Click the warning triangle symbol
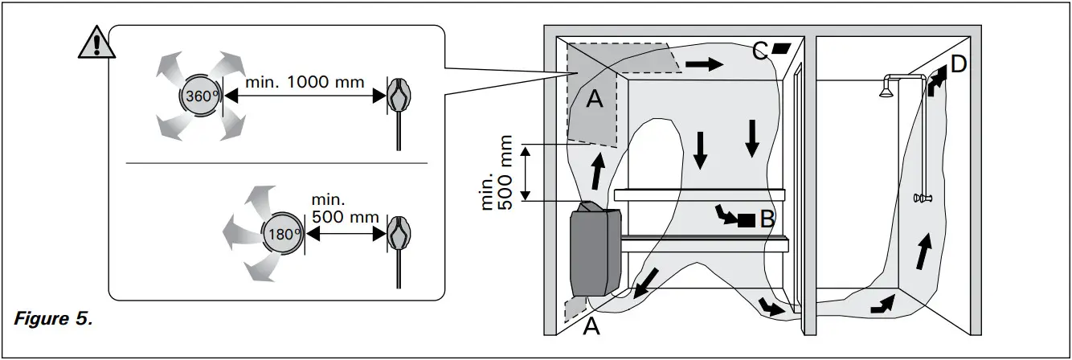[96, 43]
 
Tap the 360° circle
[201, 96]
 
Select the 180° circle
[284, 234]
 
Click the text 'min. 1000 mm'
[305, 82]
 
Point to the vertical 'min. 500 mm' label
[497, 173]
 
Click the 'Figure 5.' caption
[53, 318]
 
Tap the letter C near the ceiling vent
[759, 51]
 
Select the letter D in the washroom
[959, 63]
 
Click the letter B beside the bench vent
[767, 219]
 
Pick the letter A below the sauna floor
[591, 327]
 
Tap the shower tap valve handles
[923, 198]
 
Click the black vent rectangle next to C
[782, 47]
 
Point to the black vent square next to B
[746, 221]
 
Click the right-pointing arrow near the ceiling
[704, 63]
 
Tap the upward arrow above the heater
[597, 171]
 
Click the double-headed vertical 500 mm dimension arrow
[526, 174]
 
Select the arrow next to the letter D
[938, 81]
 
